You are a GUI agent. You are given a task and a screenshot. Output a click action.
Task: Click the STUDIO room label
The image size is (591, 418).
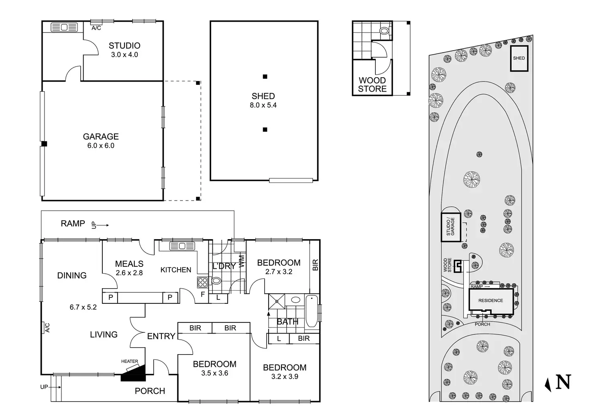coord(124,46)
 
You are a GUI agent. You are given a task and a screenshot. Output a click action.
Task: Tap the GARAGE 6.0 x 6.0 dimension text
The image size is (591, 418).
coord(101,146)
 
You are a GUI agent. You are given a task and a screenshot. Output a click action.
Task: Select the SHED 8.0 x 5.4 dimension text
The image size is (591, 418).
coord(263,105)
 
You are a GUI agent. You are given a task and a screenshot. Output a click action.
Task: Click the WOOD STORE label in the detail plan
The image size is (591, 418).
coord(372,85)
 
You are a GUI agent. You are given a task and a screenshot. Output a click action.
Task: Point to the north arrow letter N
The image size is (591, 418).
coord(563,382)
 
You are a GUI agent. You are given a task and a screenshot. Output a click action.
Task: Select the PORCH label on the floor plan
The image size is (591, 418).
coord(150,391)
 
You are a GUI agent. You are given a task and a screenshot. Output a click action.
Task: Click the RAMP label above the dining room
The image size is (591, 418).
coord(73,223)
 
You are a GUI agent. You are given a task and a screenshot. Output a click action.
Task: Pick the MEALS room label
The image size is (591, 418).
coord(129,264)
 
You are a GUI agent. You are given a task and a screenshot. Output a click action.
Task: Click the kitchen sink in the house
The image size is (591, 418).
coord(182,246)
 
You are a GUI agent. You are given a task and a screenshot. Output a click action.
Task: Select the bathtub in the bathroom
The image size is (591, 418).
coord(312,312)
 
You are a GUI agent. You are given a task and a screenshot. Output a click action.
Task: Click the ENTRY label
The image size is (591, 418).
coord(161,336)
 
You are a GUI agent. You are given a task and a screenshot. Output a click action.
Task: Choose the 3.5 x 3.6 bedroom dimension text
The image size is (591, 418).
coord(215,373)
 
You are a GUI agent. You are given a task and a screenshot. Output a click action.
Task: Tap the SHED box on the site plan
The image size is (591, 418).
coord(519,59)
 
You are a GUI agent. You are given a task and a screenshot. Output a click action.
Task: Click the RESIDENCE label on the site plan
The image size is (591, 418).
coord(491,301)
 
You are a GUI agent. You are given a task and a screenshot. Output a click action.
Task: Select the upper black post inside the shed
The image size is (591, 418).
coord(265,77)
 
